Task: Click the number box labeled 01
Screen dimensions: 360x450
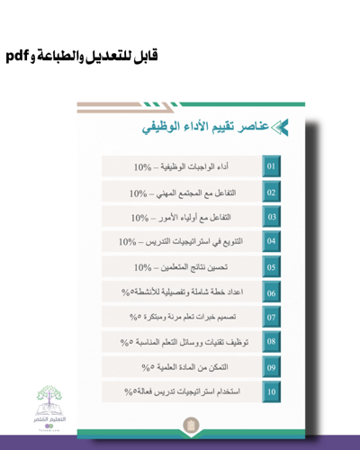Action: (271, 167)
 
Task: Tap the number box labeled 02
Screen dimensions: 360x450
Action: (271, 193)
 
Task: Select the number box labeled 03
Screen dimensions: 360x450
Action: (271, 218)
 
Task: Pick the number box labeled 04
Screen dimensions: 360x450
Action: (271, 242)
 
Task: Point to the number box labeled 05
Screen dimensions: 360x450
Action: (271, 267)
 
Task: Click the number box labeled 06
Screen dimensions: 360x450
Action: (271, 292)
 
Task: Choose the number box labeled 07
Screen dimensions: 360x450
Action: (271, 318)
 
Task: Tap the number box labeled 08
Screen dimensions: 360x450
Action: (271, 342)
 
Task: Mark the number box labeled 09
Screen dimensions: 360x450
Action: (271, 367)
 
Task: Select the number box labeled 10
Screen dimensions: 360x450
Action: (271, 392)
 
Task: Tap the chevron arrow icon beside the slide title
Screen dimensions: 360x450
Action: (280, 128)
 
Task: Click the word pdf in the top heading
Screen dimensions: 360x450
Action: (19, 56)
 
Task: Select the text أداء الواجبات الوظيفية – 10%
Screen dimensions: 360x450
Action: (180, 167)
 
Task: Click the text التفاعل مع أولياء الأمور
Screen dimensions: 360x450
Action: (191, 218)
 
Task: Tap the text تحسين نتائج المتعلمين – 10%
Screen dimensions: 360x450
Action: (180, 267)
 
